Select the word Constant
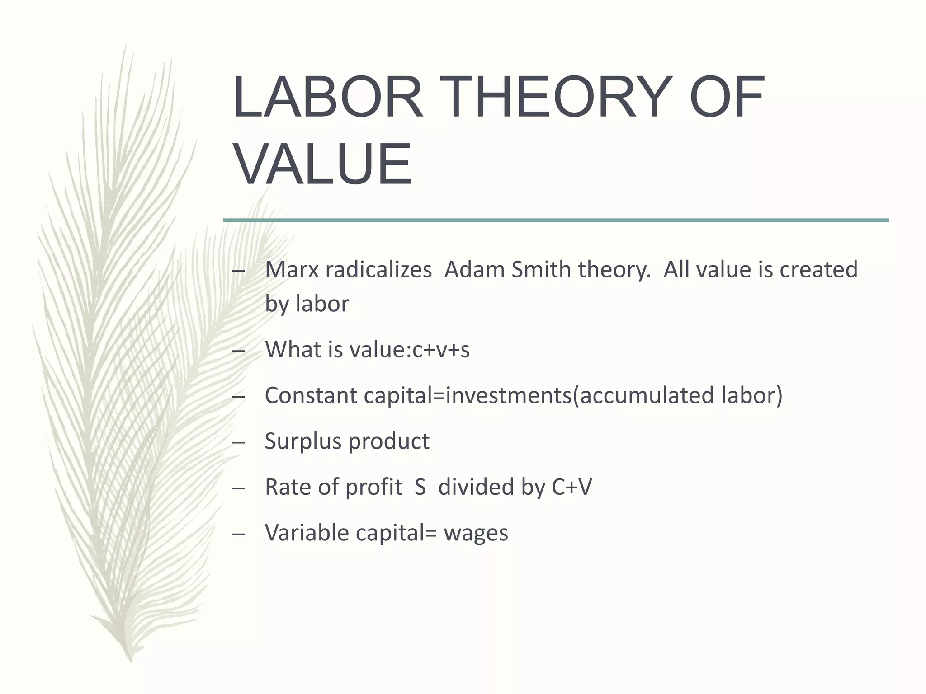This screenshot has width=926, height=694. (311, 395)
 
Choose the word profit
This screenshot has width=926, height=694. (374, 487)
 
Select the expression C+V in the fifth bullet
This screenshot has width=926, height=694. (572, 487)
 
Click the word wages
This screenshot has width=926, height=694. (476, 534)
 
